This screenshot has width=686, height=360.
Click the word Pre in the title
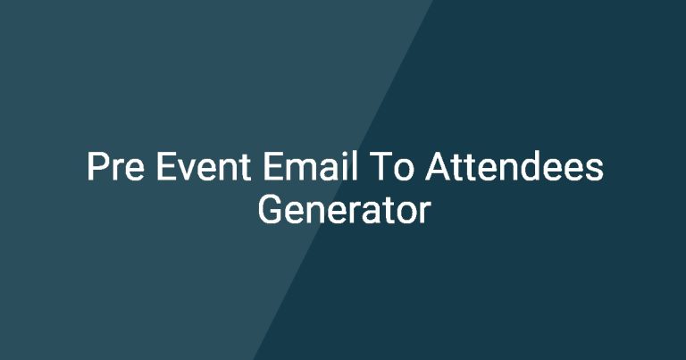(x=115, y=167)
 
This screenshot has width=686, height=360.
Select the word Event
(x=204, y=167)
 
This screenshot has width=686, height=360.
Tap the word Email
(x=310, y=167)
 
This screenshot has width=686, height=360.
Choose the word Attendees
(x=514, y=167)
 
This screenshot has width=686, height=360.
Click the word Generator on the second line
(x=344, y=210)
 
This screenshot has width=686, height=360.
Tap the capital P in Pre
(x=97, y=167)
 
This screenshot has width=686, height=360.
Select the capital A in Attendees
(x=439, y=166)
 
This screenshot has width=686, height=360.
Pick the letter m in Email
(x=300, y=170)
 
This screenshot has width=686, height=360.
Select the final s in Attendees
(x=595, y=170)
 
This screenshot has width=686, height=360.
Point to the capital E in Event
(x=166, y=166)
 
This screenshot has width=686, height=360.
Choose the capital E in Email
(x=273, y=166)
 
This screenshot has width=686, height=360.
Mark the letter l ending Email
(x=355, y=165)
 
